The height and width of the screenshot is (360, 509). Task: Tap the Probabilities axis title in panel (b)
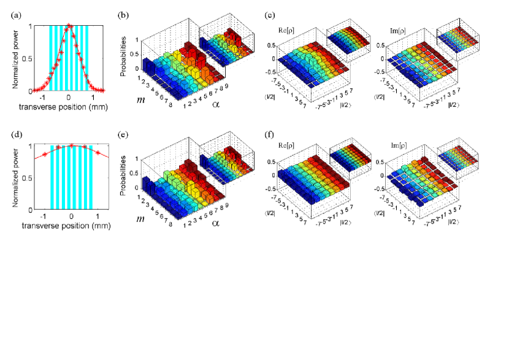coord(124,52)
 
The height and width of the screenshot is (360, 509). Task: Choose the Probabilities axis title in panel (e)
coord(124,171)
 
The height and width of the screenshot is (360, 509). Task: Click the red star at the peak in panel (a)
coord(69,26)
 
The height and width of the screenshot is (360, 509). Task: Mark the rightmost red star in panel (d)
coord(98,151)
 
